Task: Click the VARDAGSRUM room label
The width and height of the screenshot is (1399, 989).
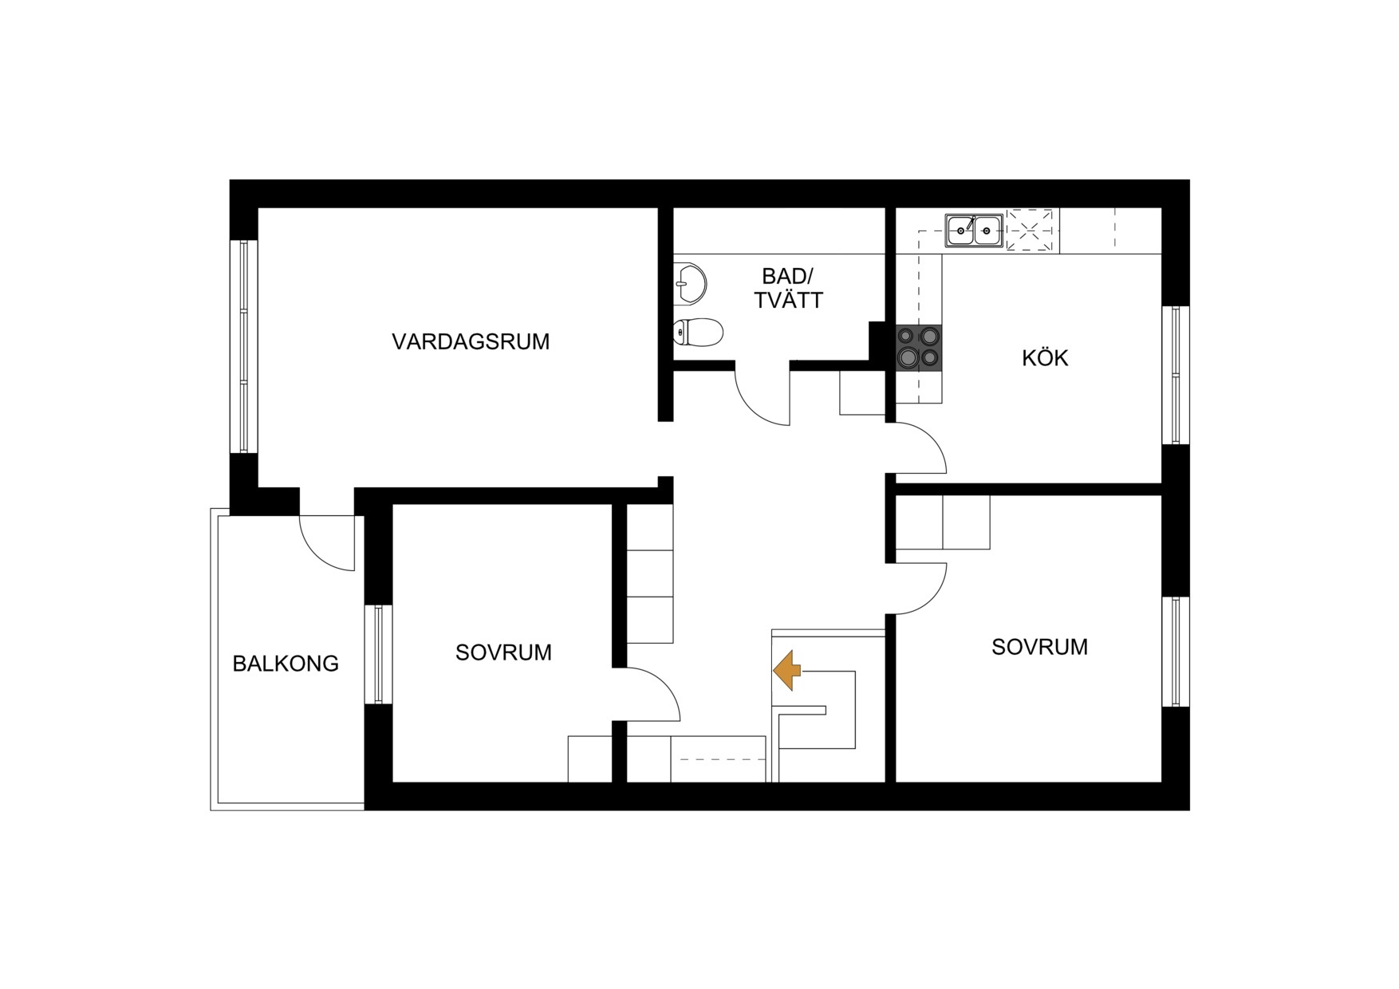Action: tap(471, 342)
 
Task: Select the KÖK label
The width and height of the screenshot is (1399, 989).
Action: tap(1045, 358)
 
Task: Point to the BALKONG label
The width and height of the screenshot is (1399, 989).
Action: tap(286, 664)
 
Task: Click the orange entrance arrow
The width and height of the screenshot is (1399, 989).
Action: tap(787, 670)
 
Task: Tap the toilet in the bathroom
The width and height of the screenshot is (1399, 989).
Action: tap(698, 332)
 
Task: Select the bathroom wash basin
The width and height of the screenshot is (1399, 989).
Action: tap(691, 284)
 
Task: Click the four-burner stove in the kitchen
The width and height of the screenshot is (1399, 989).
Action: tap(918, 347)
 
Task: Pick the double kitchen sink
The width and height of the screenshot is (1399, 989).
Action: tap(974, 231)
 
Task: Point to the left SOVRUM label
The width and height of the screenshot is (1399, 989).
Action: tap(503, 653)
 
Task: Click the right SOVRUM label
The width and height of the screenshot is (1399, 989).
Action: tap(1039, 647)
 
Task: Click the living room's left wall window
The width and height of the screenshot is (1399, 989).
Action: tap(244, 346)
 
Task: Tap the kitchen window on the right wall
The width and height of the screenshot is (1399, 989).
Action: tap(1175, 375)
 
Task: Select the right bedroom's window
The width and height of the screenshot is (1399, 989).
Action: tap(1175, 652)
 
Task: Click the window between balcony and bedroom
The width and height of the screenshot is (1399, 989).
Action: tap(378, 654)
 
